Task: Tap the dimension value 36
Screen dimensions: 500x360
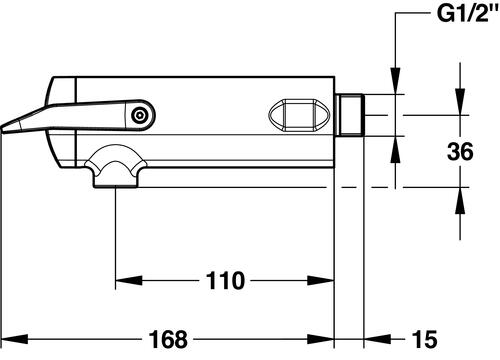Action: pos(460,151)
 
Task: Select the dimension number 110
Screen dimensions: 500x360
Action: pos(225,281)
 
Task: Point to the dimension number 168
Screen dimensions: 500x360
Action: pos(168,339)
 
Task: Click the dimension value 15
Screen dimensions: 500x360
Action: pos(424,339)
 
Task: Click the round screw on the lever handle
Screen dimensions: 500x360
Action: pos(139,116)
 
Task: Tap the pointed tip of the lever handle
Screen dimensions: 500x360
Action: pos(2,129)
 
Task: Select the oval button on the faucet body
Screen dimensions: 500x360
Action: pos(299,115)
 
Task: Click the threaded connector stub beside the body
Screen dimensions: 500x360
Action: pos(349,115)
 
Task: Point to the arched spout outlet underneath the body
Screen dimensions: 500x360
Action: pos(115,167)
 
